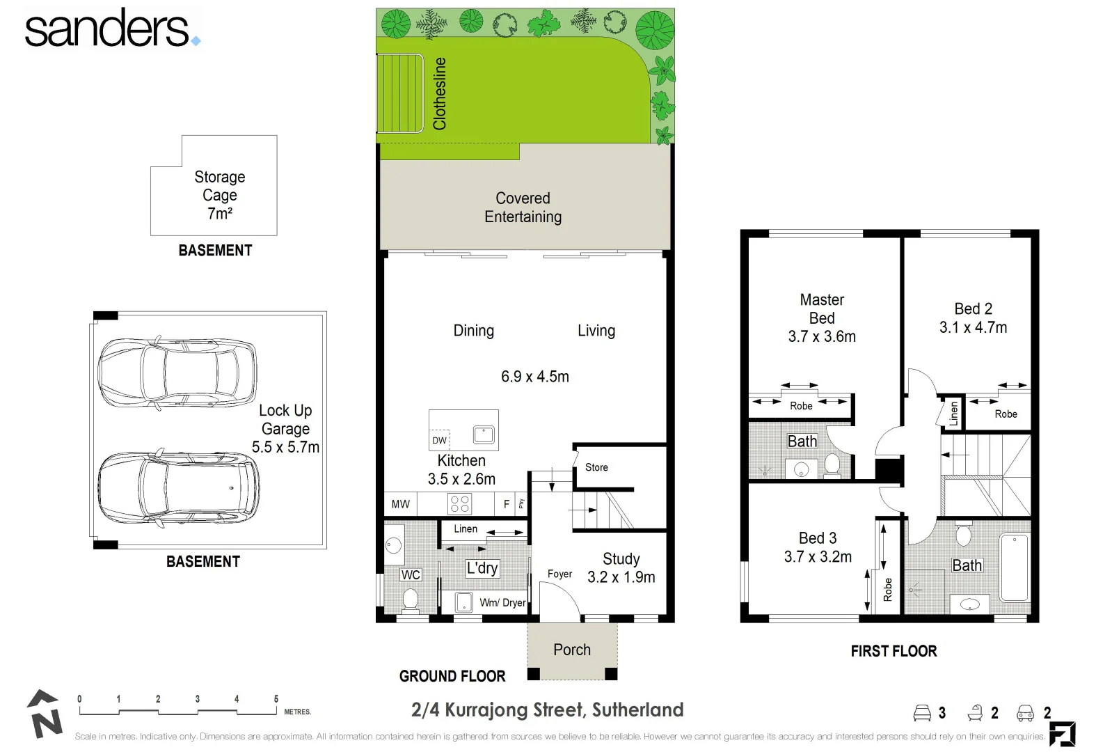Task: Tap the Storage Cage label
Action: pos(220,185)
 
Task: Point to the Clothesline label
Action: pos(439,93)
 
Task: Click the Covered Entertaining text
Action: pos(523,207)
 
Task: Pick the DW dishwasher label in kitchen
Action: pos(439,440)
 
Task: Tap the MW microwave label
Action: pos(400,504)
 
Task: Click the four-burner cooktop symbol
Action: pos(460,504)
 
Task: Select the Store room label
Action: pos(596,467)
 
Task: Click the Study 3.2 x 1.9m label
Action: pos(621,568)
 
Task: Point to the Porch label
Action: pos(571,650)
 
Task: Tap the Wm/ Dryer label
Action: pos(502,603)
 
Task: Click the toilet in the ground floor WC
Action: pos(410,600)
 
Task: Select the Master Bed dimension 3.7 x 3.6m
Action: pos(822,336)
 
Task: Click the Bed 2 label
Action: pos(974,309)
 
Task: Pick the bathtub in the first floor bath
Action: pos(1015,567)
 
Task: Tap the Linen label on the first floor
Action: pos(953,414)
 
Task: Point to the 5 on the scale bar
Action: pos(276,698)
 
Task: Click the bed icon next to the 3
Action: pos(922,713)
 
